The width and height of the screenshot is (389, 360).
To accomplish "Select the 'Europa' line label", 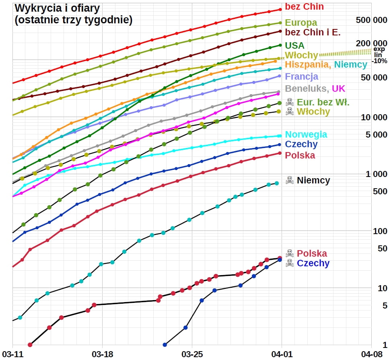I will tap(301, 23).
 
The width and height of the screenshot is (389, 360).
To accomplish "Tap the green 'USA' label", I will tap(294, 45).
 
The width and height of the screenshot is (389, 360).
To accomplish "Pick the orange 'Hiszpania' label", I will tap(308, 64).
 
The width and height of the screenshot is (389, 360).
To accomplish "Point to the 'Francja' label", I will tap(301, 76).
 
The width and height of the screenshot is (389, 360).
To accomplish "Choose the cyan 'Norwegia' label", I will tap(306, 134).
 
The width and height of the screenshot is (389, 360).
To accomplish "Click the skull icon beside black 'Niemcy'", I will tap(290, 180).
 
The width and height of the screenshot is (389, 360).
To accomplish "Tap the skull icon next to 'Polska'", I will tap(290, 253).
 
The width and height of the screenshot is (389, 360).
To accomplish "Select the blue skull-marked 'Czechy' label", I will tap(313, 263).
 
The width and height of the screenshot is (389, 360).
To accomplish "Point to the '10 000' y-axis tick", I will tap(374, 117).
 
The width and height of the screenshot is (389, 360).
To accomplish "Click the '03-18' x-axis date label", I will tap(102, 354).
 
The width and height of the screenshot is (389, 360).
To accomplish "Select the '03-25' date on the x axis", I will tap(191, 354).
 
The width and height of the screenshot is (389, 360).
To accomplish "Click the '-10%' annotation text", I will tap(379, 61).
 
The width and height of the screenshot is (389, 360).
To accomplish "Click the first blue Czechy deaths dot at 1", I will tap(164, 345).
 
